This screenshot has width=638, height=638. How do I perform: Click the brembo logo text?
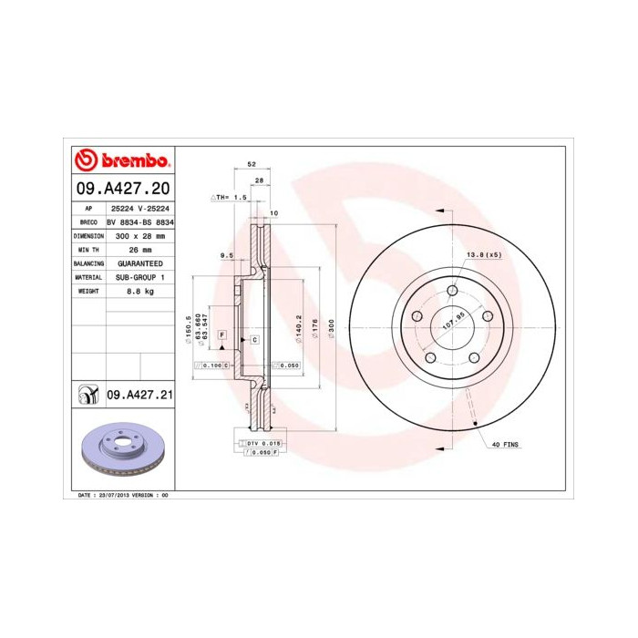click(133, 161)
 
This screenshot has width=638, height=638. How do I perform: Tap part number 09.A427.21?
click(140, 396)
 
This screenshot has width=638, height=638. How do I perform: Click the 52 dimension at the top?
click(251, 166)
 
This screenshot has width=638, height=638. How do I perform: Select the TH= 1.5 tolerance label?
click(230, 197)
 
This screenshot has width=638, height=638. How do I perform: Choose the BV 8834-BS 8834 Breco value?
click(139, 221)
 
